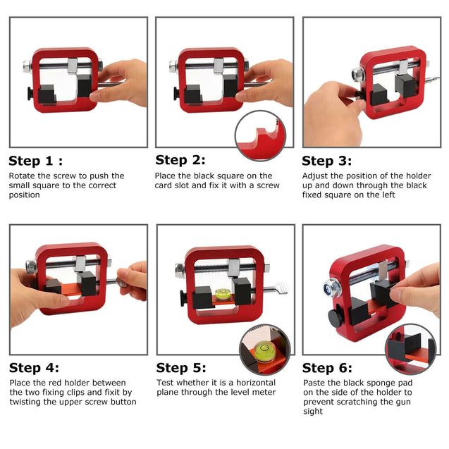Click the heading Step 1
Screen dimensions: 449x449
(35, 161)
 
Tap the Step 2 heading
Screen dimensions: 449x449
(180, 160)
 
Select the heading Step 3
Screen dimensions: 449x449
(327, 161)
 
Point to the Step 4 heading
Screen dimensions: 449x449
(34, 368)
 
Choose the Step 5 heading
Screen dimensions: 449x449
(181, 368)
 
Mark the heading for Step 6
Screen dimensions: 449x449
(327, 368)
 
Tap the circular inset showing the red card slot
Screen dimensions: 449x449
(260, 136)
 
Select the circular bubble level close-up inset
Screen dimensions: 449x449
(264, 350)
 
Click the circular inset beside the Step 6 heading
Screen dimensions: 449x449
(411, 350)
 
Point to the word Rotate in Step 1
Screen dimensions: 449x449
(22, 176)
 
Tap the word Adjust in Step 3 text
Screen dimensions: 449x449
(315, 176)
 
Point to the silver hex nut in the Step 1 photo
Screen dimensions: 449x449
(27, 67)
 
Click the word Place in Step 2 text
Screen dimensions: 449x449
(165, 176)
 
